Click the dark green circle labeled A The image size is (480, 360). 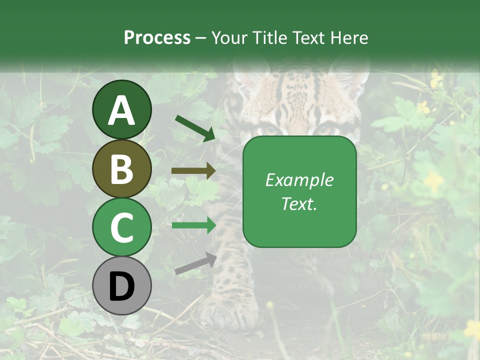121,109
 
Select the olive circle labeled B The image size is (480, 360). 121,169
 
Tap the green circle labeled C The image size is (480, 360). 121,227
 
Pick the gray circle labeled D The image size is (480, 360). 121,286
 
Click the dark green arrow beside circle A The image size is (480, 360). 195,128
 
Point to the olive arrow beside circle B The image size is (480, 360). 193,171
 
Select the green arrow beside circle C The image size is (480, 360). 194,225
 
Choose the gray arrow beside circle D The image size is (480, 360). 195,263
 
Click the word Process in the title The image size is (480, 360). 157,37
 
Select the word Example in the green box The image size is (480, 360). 299,180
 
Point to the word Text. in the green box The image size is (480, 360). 299,203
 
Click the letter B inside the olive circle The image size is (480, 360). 121,169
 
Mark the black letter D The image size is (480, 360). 121,286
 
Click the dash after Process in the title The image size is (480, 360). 201,38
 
